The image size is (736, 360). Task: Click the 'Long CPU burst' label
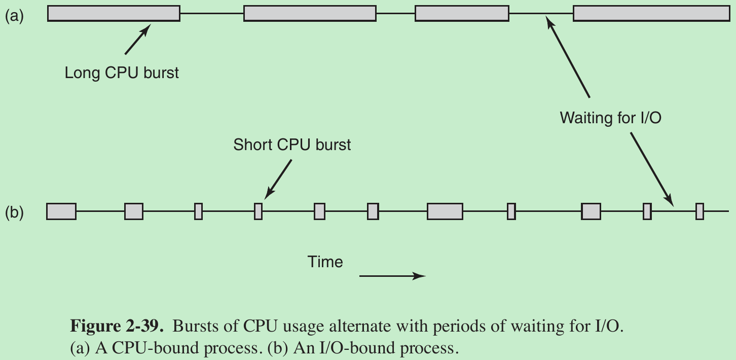pyautogui.click(x=122, y=73)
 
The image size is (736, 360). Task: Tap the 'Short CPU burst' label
pyautogui.click(x=292, y=145)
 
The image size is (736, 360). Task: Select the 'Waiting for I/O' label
pyautogui.click(x=611, y=118)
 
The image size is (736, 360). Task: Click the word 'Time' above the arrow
pyautogui.click(x=325, y=262)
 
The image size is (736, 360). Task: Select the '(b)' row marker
pyautogui.click(x=14, y=212)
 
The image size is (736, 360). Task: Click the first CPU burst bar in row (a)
pyautogui.click(x=114, y=14)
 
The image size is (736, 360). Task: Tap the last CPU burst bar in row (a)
pyautogui.click(x=651, y=14)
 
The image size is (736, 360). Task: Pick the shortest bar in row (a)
pyautogui.click(x=461, y=14)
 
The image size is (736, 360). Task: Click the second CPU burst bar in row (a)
pyautogui.click(x=310, y=14)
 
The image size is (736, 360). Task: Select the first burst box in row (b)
pyautogui.click(x=61, y=211)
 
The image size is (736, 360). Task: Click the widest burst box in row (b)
pyautogui.click(x=445, y=211)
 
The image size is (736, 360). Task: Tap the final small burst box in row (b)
pyautogui.click(x=700, y=211)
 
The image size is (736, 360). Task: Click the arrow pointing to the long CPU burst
pyautogui.click(x=137, y=40)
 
